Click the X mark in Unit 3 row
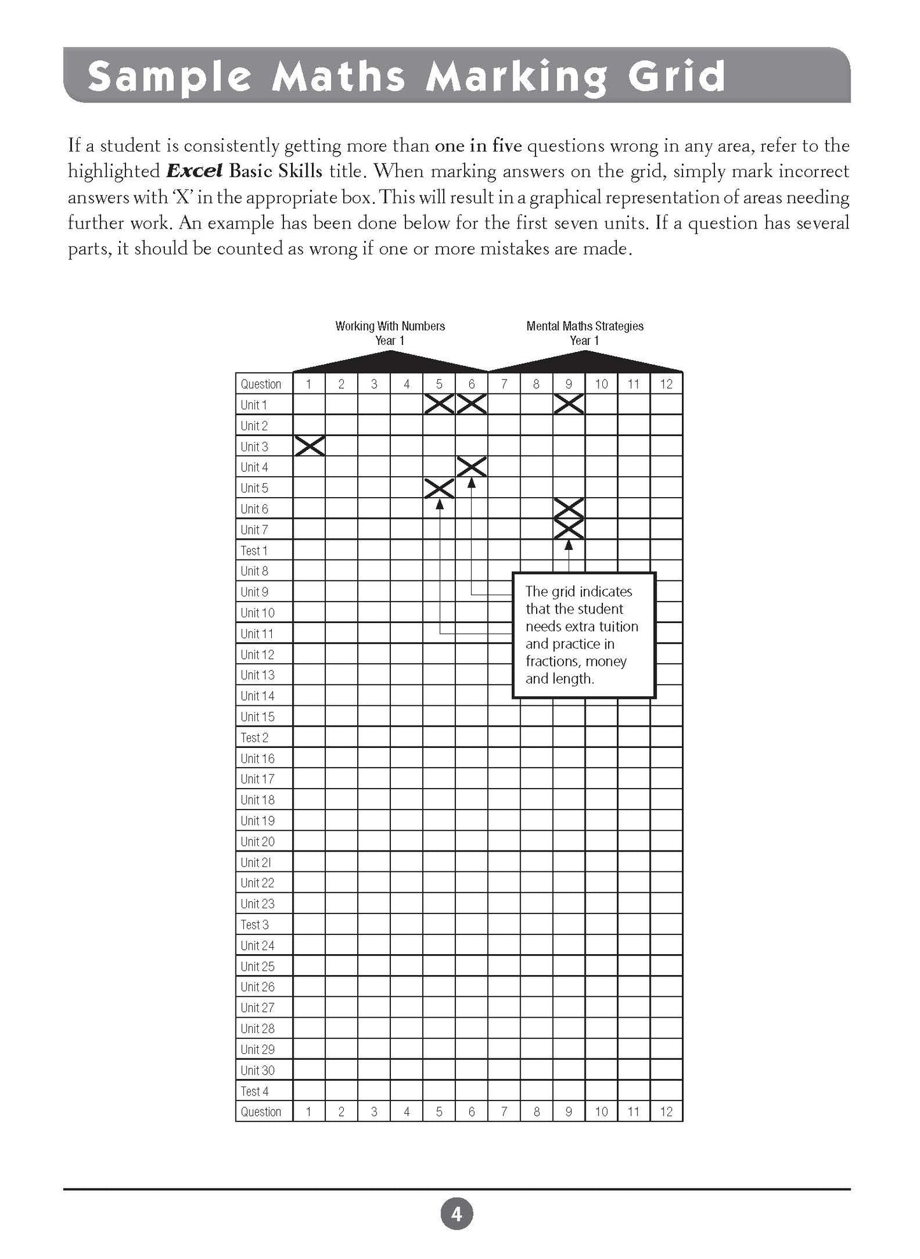[309, 446]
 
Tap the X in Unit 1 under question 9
[569, 404]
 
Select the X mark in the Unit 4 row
[472, 467]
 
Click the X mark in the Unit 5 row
[439, 488]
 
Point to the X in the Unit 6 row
[569, 509]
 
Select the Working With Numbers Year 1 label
[390, 333]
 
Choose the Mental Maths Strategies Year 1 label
[584, 333]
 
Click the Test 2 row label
[255, 738]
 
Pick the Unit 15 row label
[257, 717]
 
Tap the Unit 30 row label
[257, 1070]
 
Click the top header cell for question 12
[666, 384]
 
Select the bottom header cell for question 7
[504, 1111]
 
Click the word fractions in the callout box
[553, 661]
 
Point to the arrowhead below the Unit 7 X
[569, 545]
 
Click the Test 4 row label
[255, 1091]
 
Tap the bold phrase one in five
[478, 146]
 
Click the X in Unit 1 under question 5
[439, 404]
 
